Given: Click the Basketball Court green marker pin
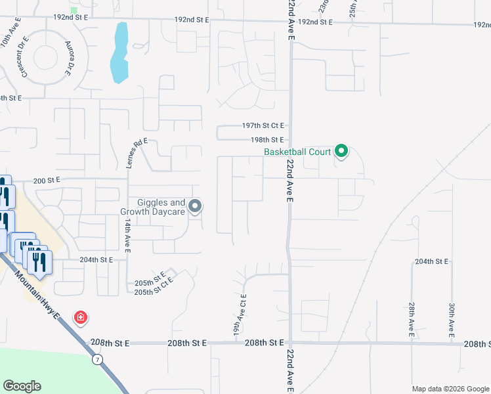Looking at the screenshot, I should [x=341, y=152].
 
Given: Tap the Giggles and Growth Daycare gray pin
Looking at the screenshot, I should [x=195, y=208].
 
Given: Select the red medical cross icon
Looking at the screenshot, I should [x=81, y=318].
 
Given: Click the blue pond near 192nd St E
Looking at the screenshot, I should [x=119, y=53].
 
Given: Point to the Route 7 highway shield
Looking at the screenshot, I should [x=97, y=359].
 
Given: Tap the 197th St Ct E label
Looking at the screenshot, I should [x=263, y=125].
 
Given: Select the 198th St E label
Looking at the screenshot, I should [x=267, y=140].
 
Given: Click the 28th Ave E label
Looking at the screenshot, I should [x=412, y=320].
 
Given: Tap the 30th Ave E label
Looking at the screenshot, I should [x=452, y=320].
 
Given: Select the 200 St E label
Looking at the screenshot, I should [x=46, y=179].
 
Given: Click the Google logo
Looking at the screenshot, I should [x=22, y=386].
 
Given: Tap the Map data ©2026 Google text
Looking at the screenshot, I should [x=450, y=389].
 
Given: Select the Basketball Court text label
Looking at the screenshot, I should [x=297, y=152].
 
